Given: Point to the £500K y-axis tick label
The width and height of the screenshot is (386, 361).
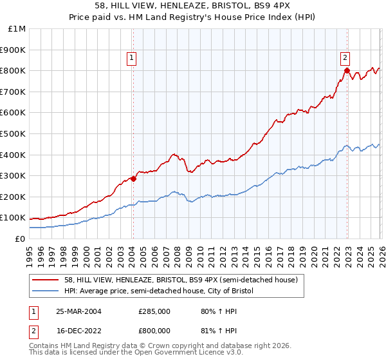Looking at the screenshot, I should click(x=14, y=133).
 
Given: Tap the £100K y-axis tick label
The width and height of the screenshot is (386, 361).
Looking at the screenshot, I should click(x=14, y=217).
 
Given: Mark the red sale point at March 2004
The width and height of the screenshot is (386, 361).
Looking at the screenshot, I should click(x=133, y=179).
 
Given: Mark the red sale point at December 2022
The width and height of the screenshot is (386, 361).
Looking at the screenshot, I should click(x=346, y=70).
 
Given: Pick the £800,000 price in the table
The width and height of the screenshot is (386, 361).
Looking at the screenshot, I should click(x=154, y=330).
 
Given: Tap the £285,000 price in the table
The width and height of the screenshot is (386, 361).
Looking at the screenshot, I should click(x=154, y=311).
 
